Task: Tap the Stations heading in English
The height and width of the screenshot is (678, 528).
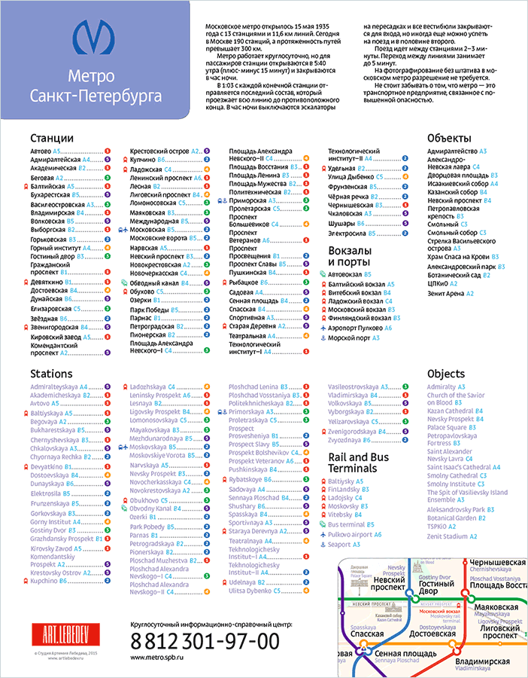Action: coord(51,374)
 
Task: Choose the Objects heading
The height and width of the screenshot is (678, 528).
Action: coord(447,374)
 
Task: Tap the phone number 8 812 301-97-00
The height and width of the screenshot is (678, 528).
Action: coord(205,641)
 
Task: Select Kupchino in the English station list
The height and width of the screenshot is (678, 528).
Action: coord(44,581)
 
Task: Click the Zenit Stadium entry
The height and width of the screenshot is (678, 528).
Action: coord(451,536)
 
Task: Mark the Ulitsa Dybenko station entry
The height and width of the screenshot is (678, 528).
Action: coord(255,591)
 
